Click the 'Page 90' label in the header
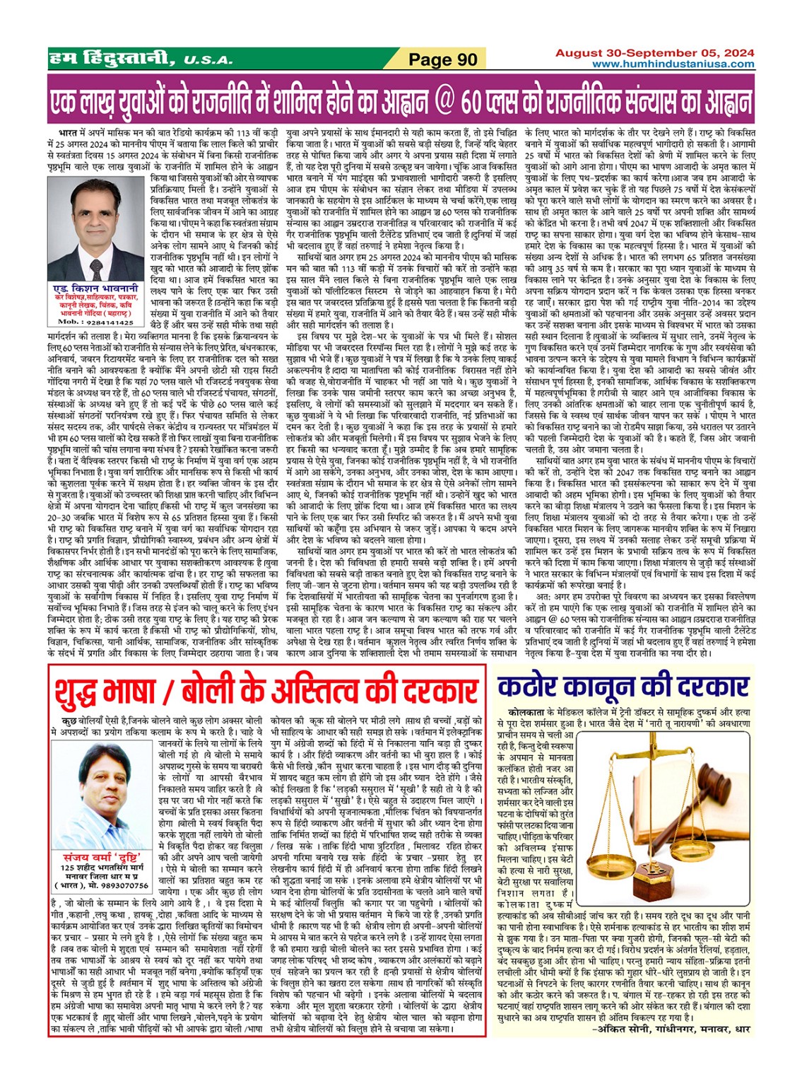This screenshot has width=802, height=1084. pyautogui.click(x=443, y=59)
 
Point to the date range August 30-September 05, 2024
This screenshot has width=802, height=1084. pyautogui.click(x=654, y=53)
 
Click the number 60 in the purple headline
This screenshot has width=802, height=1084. pyautogui.click(x=476, y=103)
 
